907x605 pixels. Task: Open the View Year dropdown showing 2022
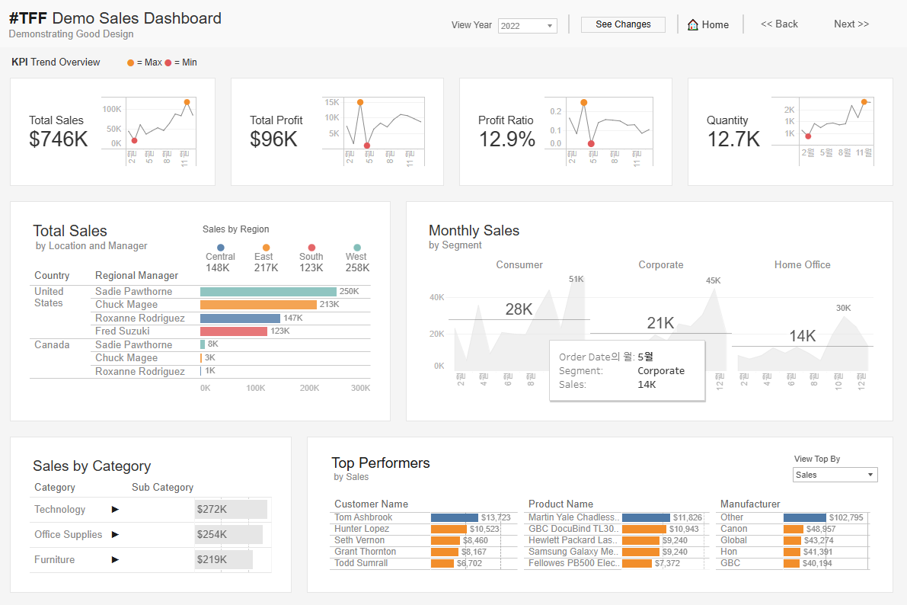[x=527, y=26]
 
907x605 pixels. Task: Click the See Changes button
[x=623, y=24]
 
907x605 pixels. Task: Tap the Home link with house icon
[x=708, y=24]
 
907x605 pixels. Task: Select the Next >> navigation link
[x=851, y=24]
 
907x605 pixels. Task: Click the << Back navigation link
[x=779, y=24]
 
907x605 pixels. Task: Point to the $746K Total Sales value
[x=59, y=139]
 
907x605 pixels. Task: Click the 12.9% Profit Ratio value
[x=507, y=139]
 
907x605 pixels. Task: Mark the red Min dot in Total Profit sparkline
[x=367, y=146]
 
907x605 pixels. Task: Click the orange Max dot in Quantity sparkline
[x=864, y=102]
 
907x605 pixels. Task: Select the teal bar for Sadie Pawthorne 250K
[x=268, y=292]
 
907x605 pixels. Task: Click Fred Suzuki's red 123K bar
[x=233, y=331]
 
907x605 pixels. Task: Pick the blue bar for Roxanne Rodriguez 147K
[x=240, y=319]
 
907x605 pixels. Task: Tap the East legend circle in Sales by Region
[x=266, y=248]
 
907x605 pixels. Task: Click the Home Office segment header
[x=802, y=264]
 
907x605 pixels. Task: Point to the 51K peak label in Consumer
[x=576, y=279]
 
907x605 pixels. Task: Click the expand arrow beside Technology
[x=116, y=509]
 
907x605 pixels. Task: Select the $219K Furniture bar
[x=223, y=559]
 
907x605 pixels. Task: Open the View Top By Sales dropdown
[x=835, y=475]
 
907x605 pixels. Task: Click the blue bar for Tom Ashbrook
[x=454, y=517]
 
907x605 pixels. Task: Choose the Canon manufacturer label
[x=733, y=529]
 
